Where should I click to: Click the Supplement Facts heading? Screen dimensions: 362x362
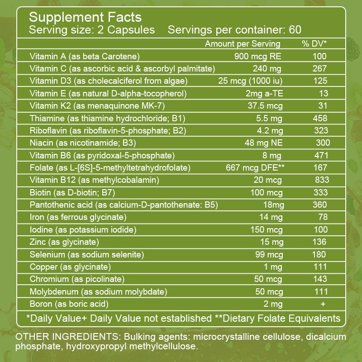pyautogui.click(x=86, y=18)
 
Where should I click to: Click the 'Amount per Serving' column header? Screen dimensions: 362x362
pyautogui.click(x=243, y=44)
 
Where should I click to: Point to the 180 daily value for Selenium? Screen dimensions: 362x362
pyautogui.click(x=319, y=254)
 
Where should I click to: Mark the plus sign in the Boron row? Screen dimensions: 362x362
pyautogui.click(x=323, y=304)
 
